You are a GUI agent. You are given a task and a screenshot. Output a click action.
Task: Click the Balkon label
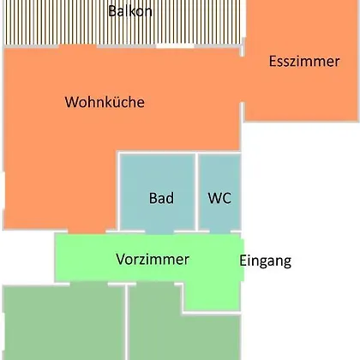point(130,11)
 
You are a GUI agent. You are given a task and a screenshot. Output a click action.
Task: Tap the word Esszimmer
point(304,61)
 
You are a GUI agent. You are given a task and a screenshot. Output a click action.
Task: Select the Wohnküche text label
point(105,102)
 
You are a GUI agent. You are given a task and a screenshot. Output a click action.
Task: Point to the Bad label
point(161,198)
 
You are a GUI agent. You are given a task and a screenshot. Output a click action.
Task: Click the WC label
point(219,198)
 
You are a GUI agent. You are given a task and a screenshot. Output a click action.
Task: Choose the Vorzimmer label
point(153,259)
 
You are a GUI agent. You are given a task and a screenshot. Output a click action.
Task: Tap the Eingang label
point(266,261)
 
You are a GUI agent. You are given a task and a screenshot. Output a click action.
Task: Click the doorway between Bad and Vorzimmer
point(159,231)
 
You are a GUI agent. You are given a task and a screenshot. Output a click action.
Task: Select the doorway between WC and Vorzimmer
point(220,231)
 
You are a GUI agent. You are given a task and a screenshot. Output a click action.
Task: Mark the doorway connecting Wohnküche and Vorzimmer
point(87,231)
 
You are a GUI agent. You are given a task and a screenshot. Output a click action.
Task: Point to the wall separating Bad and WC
point(197,191)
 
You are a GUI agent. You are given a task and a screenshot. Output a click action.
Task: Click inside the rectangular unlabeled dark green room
point(63,323)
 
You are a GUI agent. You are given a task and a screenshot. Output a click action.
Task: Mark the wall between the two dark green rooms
point(127,322)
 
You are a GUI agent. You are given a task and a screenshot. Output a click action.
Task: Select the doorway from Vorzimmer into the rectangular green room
point(89,284)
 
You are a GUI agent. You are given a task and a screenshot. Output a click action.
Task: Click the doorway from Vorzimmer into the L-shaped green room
point(155,284)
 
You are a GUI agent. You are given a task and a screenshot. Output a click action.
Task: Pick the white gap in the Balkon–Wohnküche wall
point(175,46)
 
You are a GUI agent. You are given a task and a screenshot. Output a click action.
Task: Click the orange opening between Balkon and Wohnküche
point(77,46)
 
